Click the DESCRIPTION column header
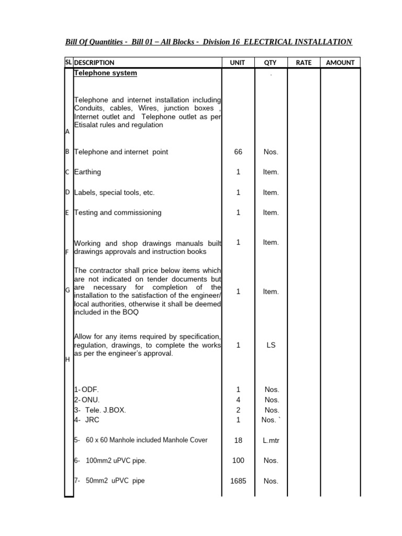point(94,63)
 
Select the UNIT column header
point(238,63)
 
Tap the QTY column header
point(270,63)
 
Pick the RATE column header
point(304,63)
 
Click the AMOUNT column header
point(340,63)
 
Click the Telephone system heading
point(105,73)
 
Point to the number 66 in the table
point(238,152)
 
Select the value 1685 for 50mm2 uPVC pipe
point(238,481)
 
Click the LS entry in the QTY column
point(271,345)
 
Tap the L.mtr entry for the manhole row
point(271,441)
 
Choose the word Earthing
point(87,172)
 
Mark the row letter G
point(67,290)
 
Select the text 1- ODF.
point(86,390)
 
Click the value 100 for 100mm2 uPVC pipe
point(238,461)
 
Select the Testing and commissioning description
point(118,213)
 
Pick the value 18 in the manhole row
point(238,441)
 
